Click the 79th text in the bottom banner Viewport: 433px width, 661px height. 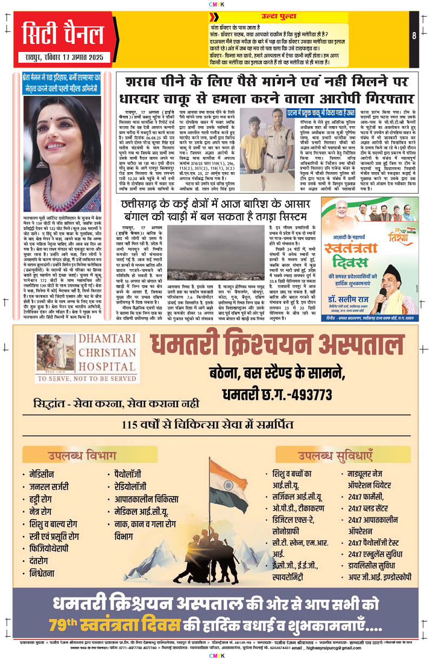point(66,625)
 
